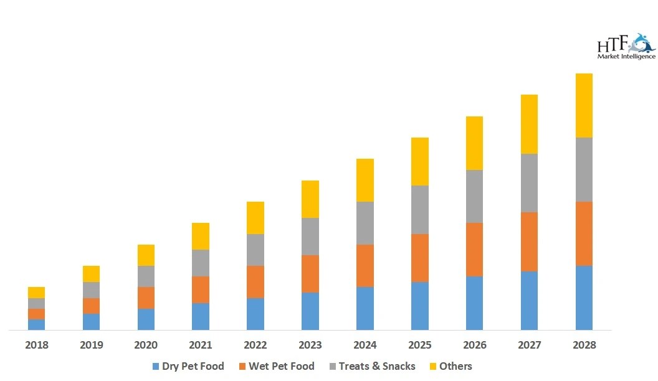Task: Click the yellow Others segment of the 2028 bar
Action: point(584,105)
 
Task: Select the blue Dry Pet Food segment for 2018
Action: point(37,324)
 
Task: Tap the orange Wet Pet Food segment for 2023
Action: point(310,274)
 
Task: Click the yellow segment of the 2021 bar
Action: point(201,236)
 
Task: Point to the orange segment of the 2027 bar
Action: point(529,242)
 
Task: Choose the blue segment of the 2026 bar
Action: point(474,303)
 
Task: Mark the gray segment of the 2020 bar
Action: point(146,276)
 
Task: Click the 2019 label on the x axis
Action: point(91,345)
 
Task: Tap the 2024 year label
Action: point(365,345)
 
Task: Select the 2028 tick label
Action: point(584,345)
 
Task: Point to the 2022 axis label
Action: point(255,345)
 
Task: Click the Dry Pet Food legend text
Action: point(193,366)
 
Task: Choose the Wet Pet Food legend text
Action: point(282,366)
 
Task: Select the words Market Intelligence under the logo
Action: point(626,57)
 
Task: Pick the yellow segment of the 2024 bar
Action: point(365,180)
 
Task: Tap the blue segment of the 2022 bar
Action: point(255,314)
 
